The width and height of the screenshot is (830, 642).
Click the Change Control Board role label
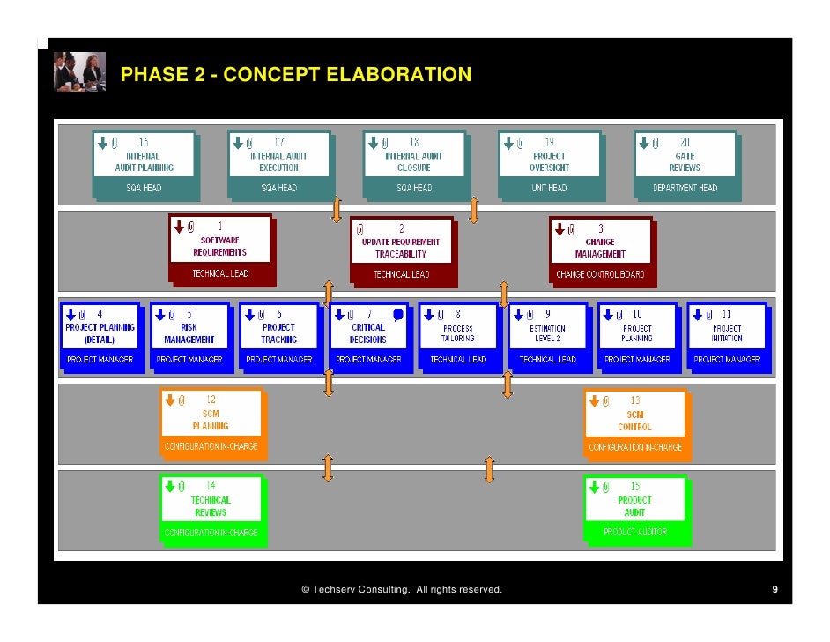tap(600, 274)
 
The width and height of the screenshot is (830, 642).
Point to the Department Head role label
tap(685, 188)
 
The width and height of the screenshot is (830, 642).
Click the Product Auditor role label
tap(634, 532)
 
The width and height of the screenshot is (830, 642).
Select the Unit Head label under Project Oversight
tap(549, 188)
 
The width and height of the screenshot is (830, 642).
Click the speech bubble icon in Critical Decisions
tap(398, 314)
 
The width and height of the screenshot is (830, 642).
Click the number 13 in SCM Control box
tap(635, 400)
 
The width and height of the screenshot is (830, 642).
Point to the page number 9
tap(774, 589)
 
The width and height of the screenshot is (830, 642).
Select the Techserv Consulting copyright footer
tap(401, 589)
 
